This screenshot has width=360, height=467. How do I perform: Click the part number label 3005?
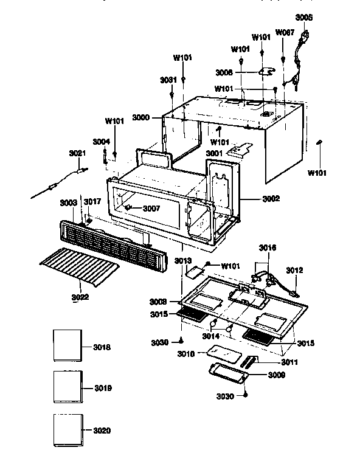pyautogui.click(x=303, y=18)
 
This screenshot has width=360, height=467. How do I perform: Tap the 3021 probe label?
pyautogui.click(x=77, y=153)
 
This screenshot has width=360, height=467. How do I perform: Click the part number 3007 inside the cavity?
pyautogui.click(x=151, y=209)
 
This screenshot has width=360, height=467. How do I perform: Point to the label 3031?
pyautogui.click(x=168, y=80)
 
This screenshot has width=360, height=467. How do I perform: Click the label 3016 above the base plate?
pyautogui.click(x=268, y=247)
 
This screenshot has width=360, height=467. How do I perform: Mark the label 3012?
pyautogui.click(x=295, y=269)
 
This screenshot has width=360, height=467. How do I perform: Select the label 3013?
pyautogui.click(x=183, y=260)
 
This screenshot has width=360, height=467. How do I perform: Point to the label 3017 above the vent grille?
pyautogui.click(x=92, y=201)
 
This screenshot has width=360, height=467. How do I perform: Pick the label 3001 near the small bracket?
pyautogui.click(x=213, y=154)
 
